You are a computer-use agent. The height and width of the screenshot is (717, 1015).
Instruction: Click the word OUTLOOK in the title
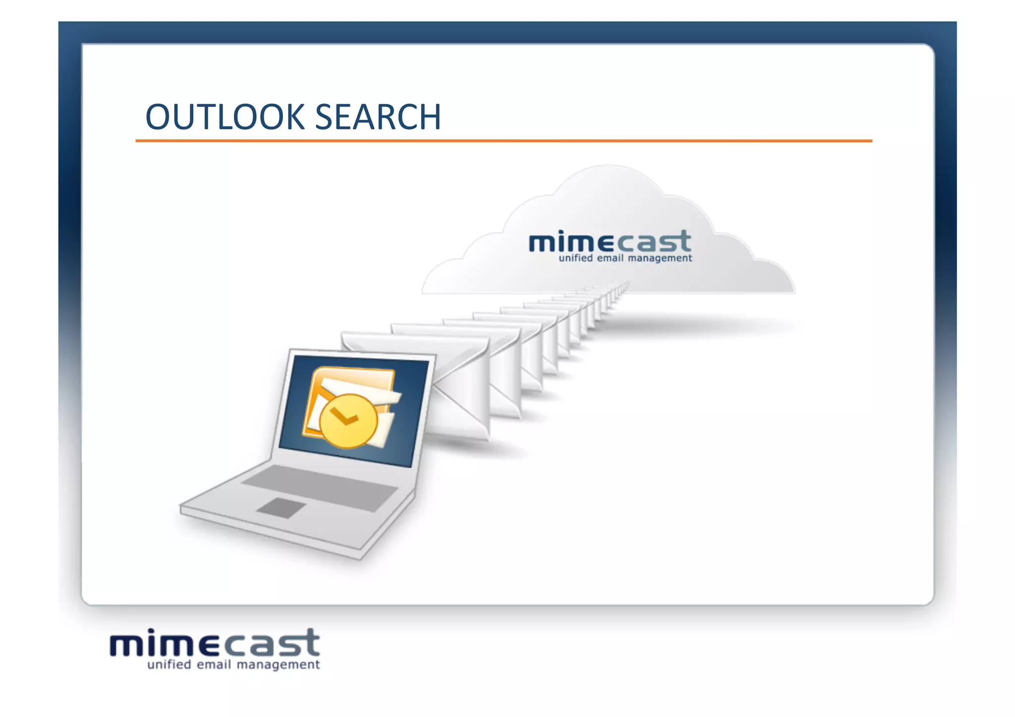coord(225,117)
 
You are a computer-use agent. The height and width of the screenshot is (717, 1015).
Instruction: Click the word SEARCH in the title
coord(378,117)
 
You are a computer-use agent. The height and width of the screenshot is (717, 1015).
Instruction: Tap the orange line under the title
coord(504,141)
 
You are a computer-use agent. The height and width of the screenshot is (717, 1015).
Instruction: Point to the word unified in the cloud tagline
coord(575,258)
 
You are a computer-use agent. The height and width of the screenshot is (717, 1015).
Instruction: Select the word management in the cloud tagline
coord(660,258)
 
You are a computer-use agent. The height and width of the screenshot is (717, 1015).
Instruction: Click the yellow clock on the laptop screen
coord(348,421)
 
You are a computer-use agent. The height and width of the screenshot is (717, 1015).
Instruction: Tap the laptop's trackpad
coord(281,508)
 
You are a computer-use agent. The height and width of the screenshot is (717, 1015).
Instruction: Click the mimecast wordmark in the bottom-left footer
coord(215,643)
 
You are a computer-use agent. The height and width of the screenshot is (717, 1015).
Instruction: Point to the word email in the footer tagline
coord(214,664)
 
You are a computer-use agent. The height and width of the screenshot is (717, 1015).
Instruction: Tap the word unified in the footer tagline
coord(169,664)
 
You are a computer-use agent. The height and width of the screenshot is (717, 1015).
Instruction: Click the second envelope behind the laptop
coord(506,372)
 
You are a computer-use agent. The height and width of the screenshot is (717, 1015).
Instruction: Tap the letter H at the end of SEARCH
coord(429,117)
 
